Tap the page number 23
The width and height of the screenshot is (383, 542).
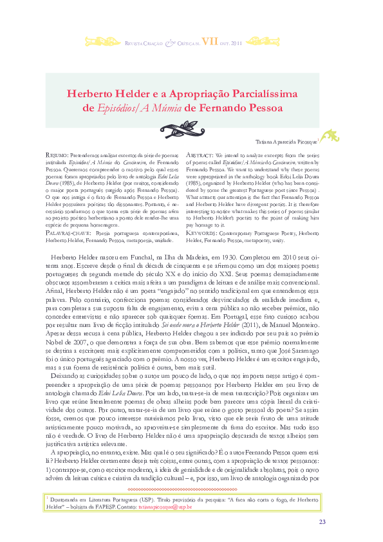point(322,521)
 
